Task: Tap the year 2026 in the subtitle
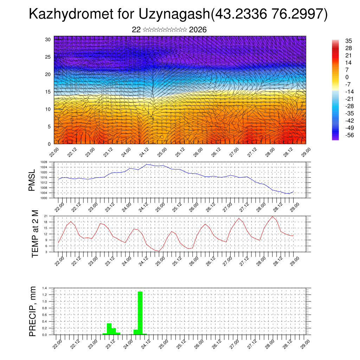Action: point(198,30)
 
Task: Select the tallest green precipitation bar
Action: point(140,313)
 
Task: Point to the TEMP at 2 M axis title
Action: point(35,234)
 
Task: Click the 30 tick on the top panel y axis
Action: point(48,39)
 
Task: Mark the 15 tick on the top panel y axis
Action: point(48,92)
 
